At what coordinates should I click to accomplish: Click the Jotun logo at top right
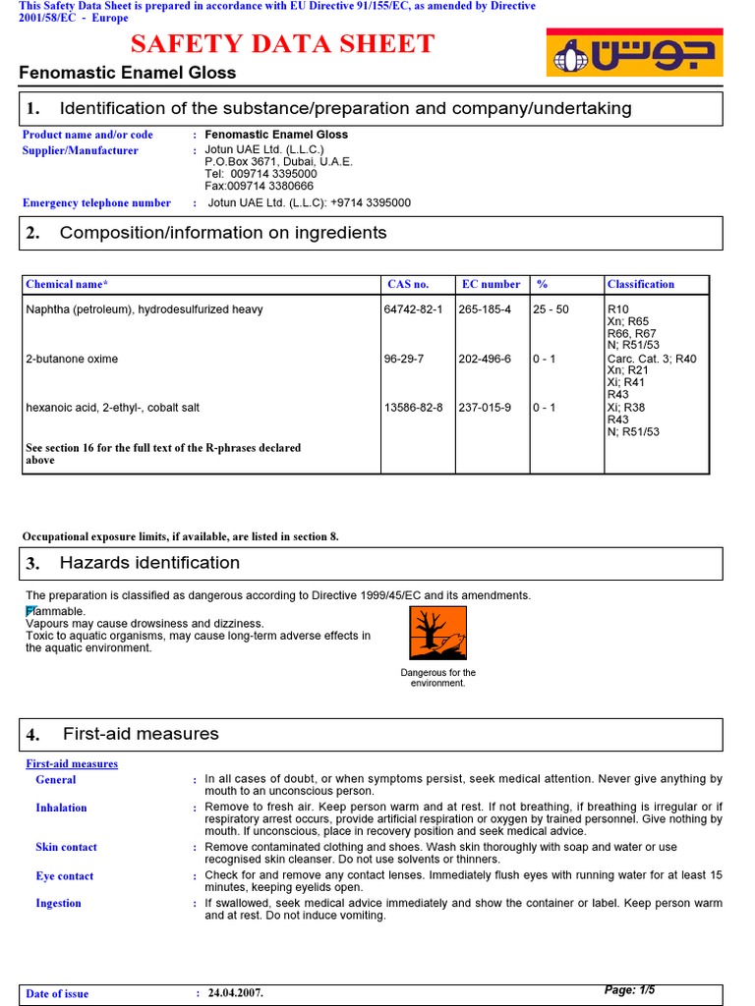[634, 53]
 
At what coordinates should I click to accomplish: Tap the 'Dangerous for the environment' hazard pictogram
[437, 633]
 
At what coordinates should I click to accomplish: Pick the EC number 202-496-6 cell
[485, 360]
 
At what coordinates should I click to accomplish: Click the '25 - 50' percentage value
[551, 309]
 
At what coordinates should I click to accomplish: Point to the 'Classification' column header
[641, 285]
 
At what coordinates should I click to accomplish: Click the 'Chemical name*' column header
[67, 285]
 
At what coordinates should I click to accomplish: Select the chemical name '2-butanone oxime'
[72, 360]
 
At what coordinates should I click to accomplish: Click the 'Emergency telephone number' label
[96, 203]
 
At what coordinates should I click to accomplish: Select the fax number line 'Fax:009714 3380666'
[259, 186]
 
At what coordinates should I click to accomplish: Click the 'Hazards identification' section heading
[149, 563]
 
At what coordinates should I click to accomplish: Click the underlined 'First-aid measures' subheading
[72, 764]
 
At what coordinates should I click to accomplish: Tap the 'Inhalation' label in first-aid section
[61, 809]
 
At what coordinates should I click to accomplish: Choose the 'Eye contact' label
[65, 876]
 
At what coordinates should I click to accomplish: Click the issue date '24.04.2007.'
[235, 993]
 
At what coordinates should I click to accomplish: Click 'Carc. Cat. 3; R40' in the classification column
[651, 360]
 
